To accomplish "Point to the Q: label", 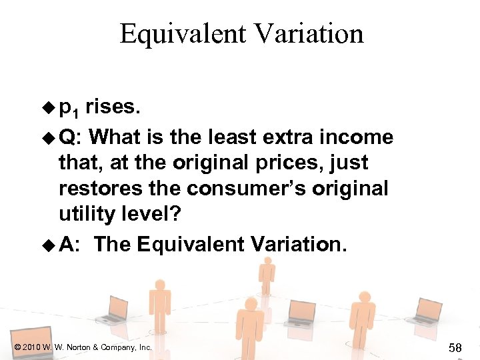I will click(x=69, y=137).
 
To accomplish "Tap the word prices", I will click(x=333, y=164).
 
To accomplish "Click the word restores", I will click(x=94, y=190).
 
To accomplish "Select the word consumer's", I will click(x=242, y=190).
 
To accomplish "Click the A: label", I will click(x=69, y=245).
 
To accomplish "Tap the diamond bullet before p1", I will click(x=48, y=107).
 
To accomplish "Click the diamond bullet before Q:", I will click(x=48, y=138).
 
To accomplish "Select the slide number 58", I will click(x=456, y=347).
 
